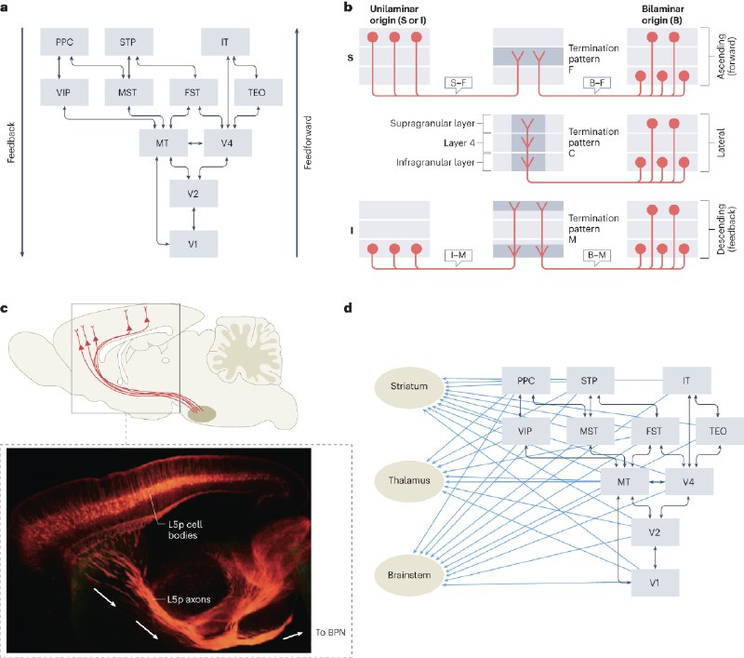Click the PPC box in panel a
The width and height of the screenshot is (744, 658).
(x=63, y=43)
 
